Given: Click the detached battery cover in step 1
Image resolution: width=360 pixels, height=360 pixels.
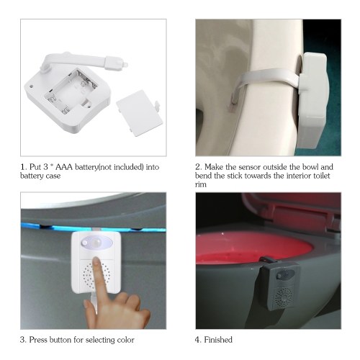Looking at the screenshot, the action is pyautogui.click(x=139, y=113).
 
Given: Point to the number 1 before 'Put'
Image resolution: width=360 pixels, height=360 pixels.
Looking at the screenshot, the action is pyautogui.click(x=22, y=167).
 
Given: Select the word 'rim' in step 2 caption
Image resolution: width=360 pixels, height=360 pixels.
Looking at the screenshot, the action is pyautogui.click(x=201, y=184).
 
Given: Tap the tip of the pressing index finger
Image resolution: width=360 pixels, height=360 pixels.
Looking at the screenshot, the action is pyautogui.click(x=96, y=258).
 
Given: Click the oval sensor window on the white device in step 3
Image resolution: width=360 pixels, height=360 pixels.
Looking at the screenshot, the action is pyautogui.click(x=96, y=243).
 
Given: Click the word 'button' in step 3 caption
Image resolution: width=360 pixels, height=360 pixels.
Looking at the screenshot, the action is pyautogui.click(x=60, y=340).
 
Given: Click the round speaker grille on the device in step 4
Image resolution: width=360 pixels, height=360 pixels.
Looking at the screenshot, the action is pyautogui.click(x=284, y=297).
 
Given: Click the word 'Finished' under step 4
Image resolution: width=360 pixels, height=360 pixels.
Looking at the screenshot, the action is pyautogui.click(x=218, y=340).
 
